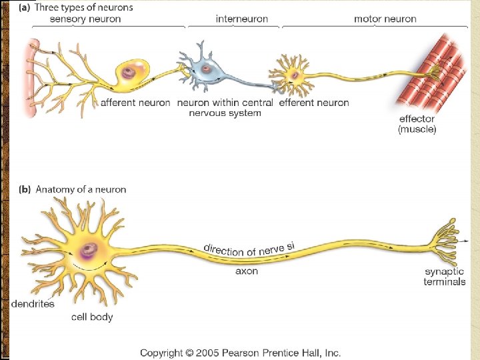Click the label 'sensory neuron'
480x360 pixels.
click(85, 19)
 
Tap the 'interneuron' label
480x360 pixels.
click(242, 19)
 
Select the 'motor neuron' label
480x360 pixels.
click(385, 19)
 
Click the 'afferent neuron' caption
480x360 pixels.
click(135, 103)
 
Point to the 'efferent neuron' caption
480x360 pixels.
click(313, 103)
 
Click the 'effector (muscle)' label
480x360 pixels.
click(417, 125)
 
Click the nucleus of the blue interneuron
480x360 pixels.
click(207, 67)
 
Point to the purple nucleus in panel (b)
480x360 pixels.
click(88, 251)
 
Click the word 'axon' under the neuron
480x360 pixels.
click(247, 271)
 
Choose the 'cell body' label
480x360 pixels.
click(92, 317)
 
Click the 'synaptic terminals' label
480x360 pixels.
click(445, 277)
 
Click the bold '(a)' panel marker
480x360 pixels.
click(23, 7)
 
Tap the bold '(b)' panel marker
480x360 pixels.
click(23, 189)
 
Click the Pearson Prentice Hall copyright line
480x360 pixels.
click(239, 352)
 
